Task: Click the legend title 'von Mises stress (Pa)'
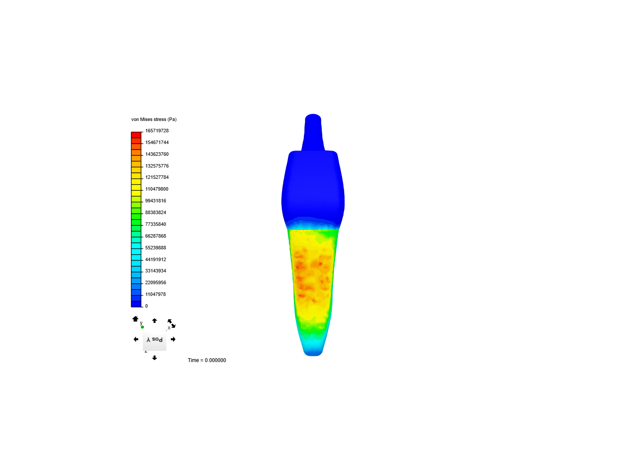coord(154,119)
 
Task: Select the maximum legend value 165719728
coord(156,131)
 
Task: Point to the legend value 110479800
coord(156,189)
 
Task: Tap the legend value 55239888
coord(155,248)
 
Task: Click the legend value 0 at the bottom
coord(147,306)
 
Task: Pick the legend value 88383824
coord(155,212)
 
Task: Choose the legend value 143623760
coord(156,154)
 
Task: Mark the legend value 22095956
coord(155,282)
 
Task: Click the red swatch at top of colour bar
coord(136,135)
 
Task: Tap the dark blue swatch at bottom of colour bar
coord(136,304)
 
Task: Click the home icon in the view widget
coord(135,319)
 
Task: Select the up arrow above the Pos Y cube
coord(154,321)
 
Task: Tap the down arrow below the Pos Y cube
coord(154,358)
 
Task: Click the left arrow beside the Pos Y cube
coord(136,339)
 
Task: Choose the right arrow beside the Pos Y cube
coord(173,339)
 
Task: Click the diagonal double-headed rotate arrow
coord(171,323)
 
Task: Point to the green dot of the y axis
coord(142,327)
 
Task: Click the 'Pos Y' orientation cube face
coord(154,340)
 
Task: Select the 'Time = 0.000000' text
coord(206,360)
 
